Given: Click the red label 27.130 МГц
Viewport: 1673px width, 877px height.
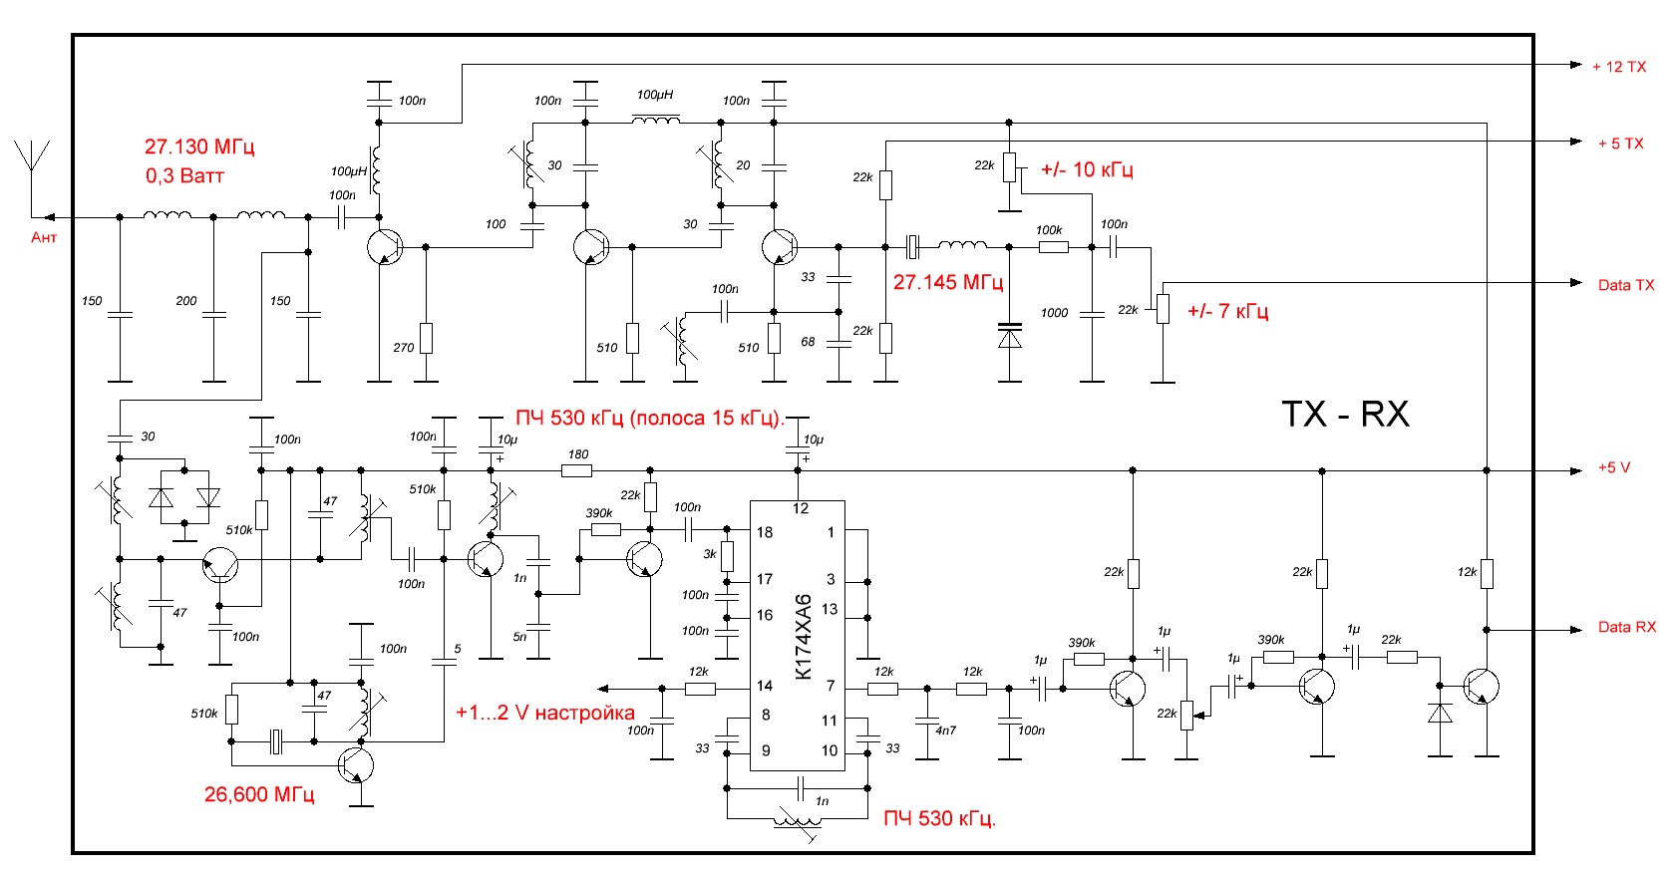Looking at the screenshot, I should (199, 146).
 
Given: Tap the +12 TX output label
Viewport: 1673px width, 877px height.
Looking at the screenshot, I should (1618, 67).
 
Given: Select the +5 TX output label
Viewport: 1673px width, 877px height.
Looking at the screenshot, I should (1620, 144).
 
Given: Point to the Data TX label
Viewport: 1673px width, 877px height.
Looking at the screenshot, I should (1625, 285).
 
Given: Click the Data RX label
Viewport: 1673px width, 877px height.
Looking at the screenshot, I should (1626, 627).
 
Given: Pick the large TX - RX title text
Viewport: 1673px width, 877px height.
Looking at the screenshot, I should (1345, 415).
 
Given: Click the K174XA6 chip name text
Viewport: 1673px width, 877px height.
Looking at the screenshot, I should (804, 638).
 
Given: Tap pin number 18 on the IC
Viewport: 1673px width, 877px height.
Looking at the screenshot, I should (765, 532).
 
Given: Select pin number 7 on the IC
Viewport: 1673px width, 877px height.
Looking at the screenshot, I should (831, 686).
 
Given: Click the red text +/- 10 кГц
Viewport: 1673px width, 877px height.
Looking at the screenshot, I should (1087, 169).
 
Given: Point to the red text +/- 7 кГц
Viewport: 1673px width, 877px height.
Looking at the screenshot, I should (1227, 311).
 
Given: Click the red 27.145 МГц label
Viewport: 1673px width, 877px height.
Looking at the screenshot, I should (947, 282).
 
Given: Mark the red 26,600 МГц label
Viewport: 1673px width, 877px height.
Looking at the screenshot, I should (259, 794).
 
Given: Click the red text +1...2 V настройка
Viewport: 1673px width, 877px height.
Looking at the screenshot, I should (544, 713).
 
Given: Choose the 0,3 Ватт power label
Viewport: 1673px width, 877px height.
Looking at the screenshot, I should (184, 176).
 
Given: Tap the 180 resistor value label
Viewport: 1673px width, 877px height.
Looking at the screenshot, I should (578, 454).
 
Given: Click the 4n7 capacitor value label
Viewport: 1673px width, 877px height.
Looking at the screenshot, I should (945, 731).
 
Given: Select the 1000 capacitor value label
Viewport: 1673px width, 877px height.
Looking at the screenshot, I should (1054, 313).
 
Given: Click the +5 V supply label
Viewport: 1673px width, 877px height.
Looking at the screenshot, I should (1613, 467).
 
